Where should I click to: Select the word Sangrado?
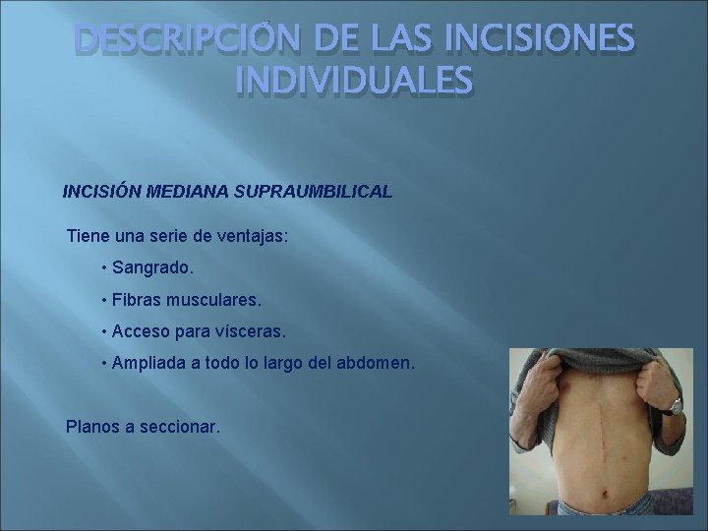coord(153,267)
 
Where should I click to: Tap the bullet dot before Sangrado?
coord(103,267)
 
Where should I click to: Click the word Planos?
coord(91,428)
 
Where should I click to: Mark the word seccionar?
coord(180,428)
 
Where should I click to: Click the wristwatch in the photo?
coord(675,404)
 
